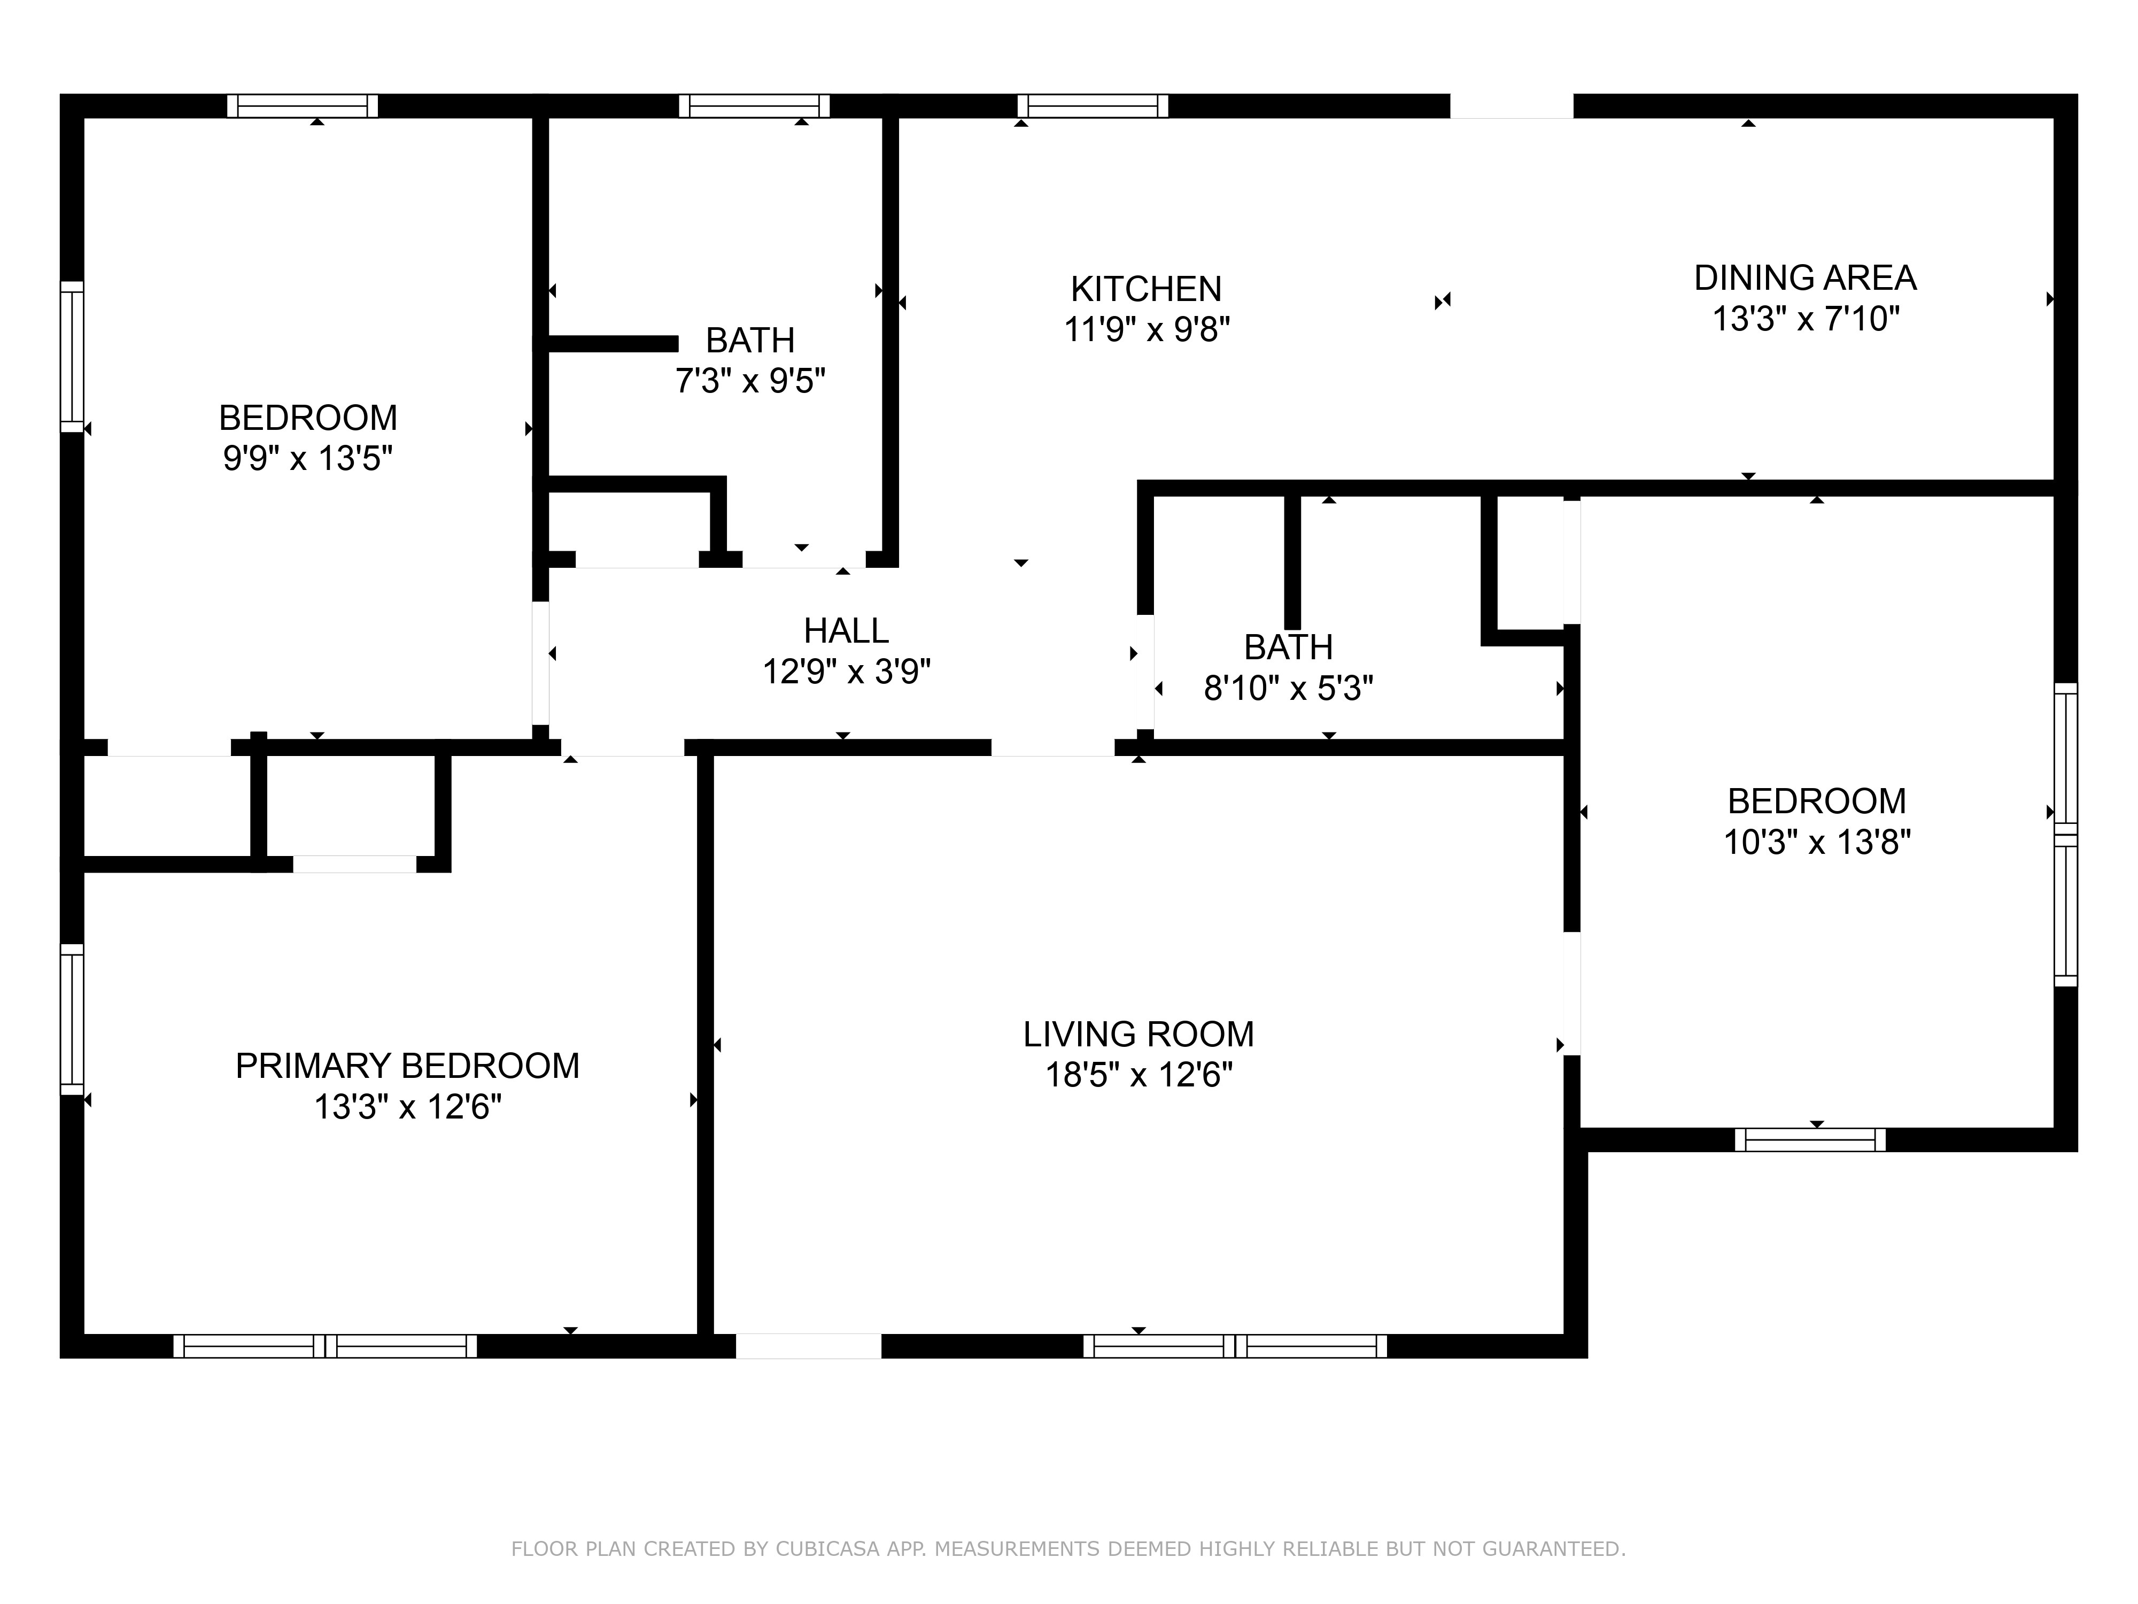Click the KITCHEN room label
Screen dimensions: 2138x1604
pyautogui.click(x=1147, y=289)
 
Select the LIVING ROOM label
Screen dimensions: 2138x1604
pyautogui.click(x=1138, y=1035)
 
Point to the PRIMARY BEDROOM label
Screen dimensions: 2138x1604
pyautogui.click(x=408, y=1066)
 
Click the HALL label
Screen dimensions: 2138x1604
pyautogui.click(x=847, y=630)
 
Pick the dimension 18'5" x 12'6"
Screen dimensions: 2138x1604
pyautogui.click(x=1138, y=1075)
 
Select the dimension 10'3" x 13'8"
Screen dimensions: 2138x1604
pyautogui.click(x=1817, y=842)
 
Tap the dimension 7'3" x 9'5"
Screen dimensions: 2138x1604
pyautogui.click(x=750, y=381)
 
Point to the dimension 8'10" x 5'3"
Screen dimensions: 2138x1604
pyautogui.click(x=1288, y=689)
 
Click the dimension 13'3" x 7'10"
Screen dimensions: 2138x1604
pyautogui.click(x=1806, y=319)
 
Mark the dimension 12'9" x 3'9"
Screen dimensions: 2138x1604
pyautogui.click(x=847, y=671)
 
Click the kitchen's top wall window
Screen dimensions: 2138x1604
pyautogui.click(x=1093, y=105)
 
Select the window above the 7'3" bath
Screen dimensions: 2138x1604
pyautogui.click(x=754, y=105)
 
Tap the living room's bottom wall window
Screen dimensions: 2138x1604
pyautogui.click(x=1235, y=1346)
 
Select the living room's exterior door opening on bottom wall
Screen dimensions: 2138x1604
pyautogui.click(x=809, y=1346)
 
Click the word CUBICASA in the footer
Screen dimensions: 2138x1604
pyautogui.click(x=827, y=1549)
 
